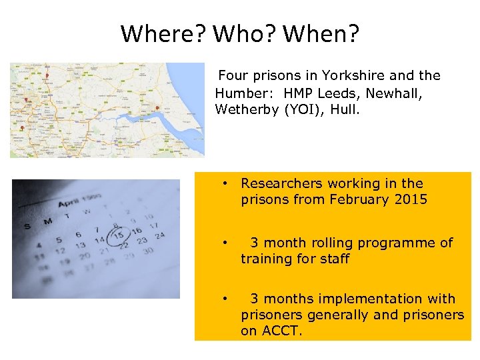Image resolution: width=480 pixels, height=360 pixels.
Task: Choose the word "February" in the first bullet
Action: [x=361, y=199]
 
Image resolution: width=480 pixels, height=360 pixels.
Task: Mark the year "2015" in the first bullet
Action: [x=410, y=199]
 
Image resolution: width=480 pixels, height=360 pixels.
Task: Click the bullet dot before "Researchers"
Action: [x=227, y=183]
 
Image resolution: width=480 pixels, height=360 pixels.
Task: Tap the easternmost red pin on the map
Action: [x=157, y=108]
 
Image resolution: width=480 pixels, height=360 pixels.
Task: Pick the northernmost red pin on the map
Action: [x=47, y=76]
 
